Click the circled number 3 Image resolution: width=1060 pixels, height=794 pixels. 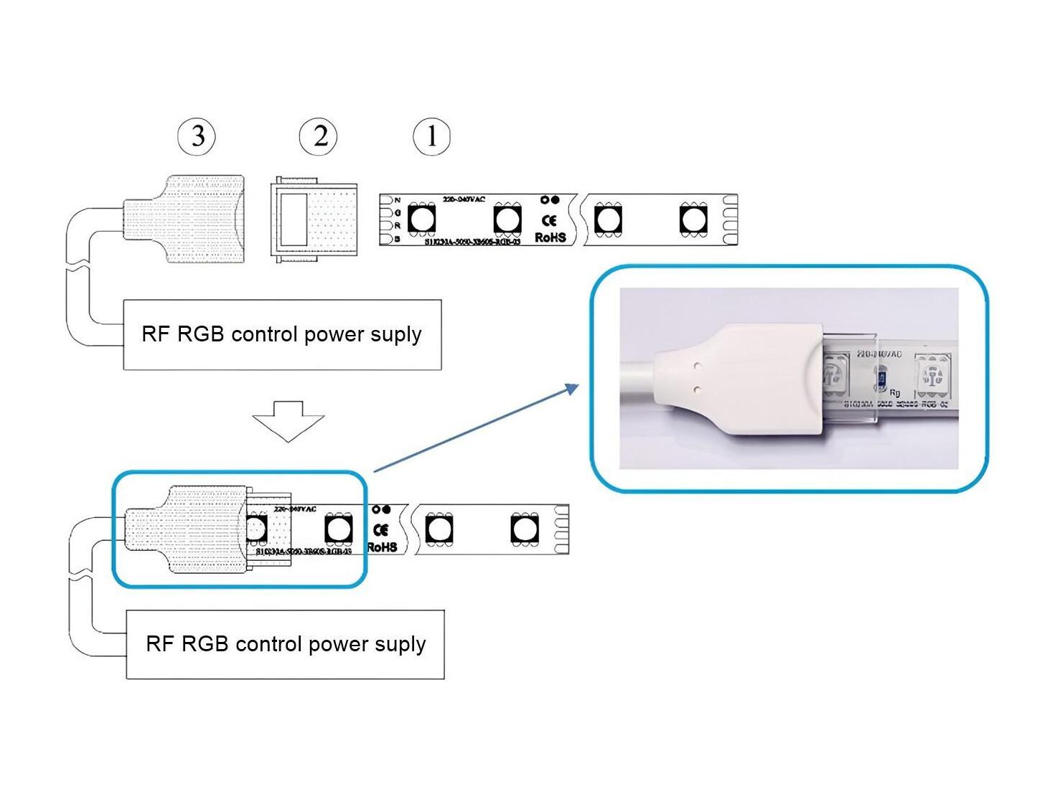coord(197,136)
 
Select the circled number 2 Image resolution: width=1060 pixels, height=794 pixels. coord(319,136)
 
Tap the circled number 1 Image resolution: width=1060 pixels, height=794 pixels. coord(431,136)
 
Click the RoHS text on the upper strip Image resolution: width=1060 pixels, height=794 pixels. coord(550,237)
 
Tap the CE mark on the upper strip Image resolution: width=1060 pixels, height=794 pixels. coord(550,220)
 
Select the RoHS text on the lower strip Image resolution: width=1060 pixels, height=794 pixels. coord(382,547)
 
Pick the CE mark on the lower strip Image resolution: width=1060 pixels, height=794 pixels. coord(381,530)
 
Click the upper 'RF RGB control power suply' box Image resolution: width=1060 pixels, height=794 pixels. coord(282,334)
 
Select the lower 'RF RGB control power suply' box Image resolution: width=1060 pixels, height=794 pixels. coord(286,644)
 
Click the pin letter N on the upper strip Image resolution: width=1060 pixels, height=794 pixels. coord(397,201)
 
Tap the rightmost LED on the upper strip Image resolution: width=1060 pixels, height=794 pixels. coord(693,219)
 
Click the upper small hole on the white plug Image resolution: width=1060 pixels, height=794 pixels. coord(696,366)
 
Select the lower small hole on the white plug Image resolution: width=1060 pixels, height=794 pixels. coord(696,389)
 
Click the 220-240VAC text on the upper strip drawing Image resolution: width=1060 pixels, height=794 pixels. coord(464,199)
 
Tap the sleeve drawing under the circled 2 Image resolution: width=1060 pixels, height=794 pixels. coord(314,219)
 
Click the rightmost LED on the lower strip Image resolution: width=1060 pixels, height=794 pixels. coord(525,529)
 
